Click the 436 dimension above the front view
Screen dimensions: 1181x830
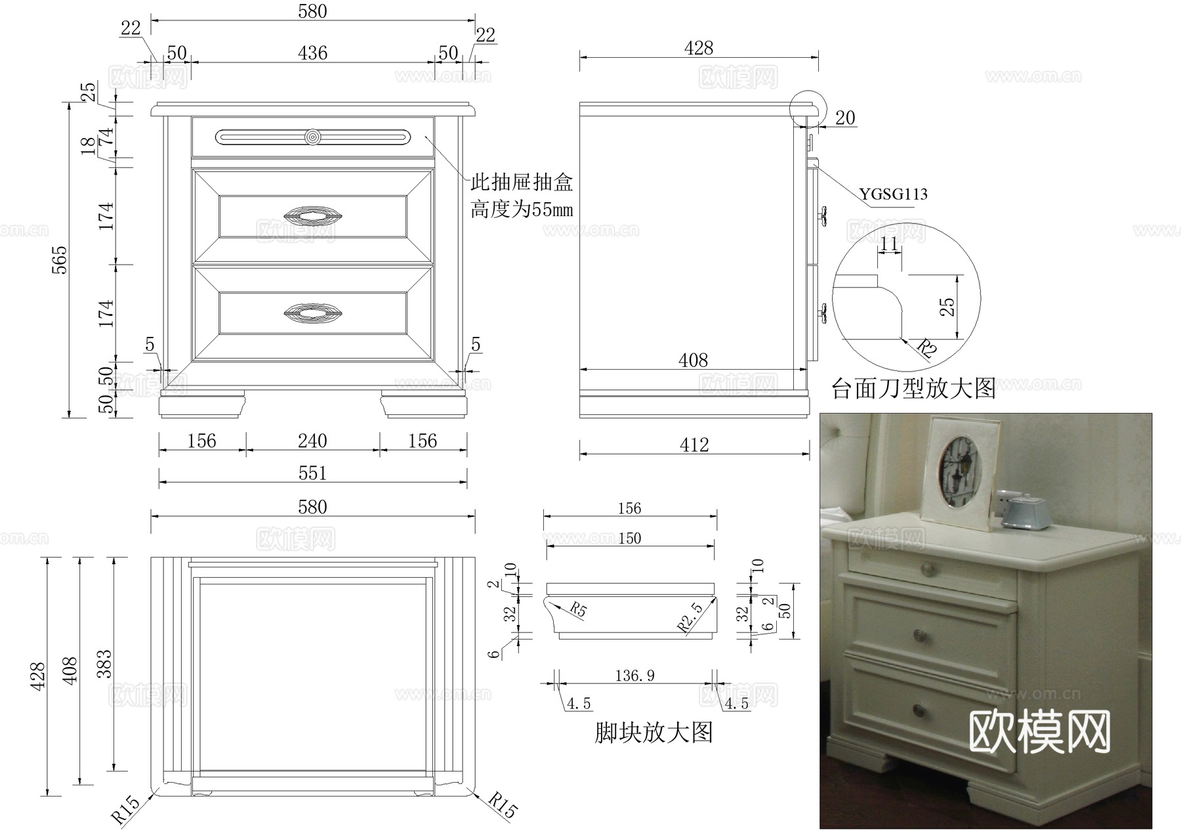tap(312, 53)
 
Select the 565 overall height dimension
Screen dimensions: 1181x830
tap(59, 260)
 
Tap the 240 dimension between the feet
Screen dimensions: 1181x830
tap(312, 441)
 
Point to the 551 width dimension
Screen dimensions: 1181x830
tap(312, 473)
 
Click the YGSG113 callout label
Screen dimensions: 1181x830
tap(894, 194)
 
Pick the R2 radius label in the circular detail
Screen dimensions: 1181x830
tap(926, 348)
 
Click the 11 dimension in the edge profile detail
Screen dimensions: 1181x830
tap(889, 244)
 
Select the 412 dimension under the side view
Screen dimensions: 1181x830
tap(694, 445)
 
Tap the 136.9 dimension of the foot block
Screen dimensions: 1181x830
tap(634, 675)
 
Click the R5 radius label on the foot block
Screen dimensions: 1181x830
tap(577, 609)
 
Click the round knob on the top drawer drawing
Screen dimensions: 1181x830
tap(313, 137)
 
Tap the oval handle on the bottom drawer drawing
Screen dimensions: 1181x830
tap(312, 313)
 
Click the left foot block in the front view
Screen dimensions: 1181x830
tap(202, 403)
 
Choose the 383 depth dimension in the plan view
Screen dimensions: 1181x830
tap(104, 664)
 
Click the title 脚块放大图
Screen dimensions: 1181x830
tap(653, 732)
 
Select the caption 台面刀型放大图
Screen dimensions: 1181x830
tap(913, 388)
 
